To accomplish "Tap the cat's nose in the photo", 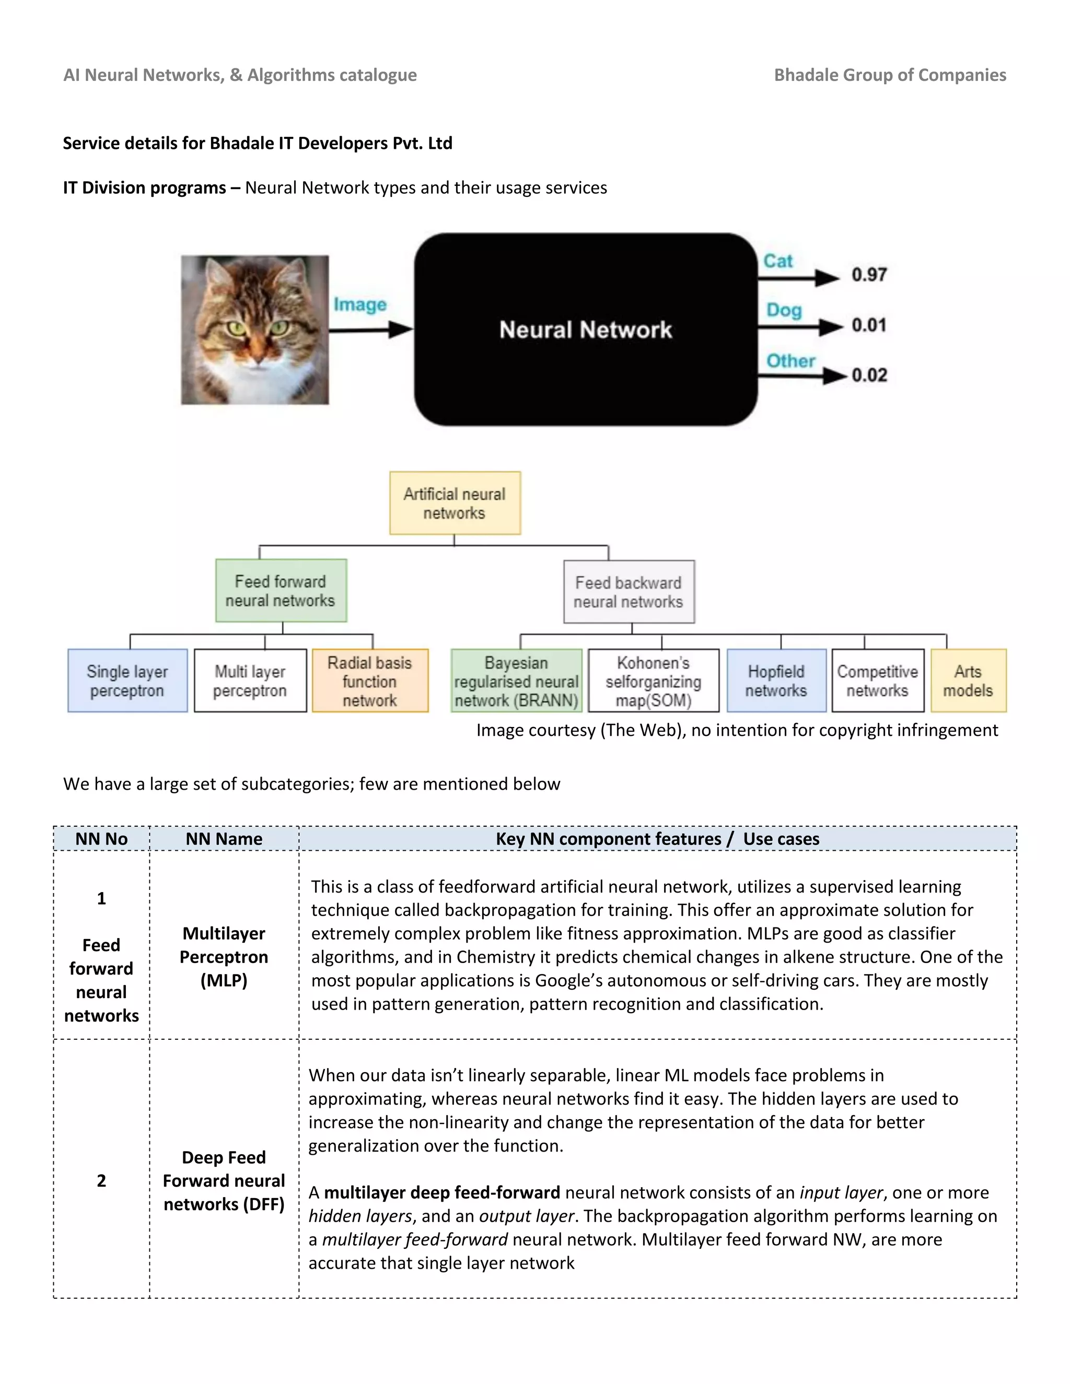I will point(256,359).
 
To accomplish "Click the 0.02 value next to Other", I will point(869,375).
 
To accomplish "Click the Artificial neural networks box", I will point(455,503).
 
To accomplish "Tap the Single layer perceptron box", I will point(127,681).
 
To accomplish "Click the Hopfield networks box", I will point(776,681).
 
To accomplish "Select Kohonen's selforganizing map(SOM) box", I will point(653,681).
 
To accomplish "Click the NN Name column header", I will point(224,839).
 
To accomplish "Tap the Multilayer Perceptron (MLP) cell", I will point(224,957).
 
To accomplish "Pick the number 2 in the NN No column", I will point(101,1181).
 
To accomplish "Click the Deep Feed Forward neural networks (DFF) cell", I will point(224,1181).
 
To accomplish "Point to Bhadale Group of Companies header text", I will point(889,75).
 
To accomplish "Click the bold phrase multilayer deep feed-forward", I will point(442,1193).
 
